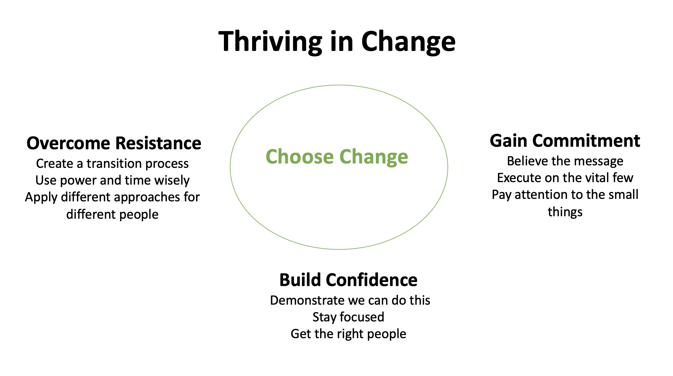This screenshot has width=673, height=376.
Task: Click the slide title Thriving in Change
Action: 337,42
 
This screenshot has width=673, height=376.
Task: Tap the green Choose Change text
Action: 337,157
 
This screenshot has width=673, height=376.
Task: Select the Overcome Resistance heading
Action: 114,143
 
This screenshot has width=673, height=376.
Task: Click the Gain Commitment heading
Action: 565,141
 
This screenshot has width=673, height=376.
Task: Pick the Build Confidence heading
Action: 348,280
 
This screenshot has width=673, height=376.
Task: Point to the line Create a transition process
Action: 112,163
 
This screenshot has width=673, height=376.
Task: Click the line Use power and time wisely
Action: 112,180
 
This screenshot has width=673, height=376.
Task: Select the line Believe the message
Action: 565,161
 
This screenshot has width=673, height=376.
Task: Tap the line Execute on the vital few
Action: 565,178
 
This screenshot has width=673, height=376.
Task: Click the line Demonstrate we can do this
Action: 350,300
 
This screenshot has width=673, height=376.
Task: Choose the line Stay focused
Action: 348,317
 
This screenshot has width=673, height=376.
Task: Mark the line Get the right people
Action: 348,334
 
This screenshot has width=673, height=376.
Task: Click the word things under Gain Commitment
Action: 565,212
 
